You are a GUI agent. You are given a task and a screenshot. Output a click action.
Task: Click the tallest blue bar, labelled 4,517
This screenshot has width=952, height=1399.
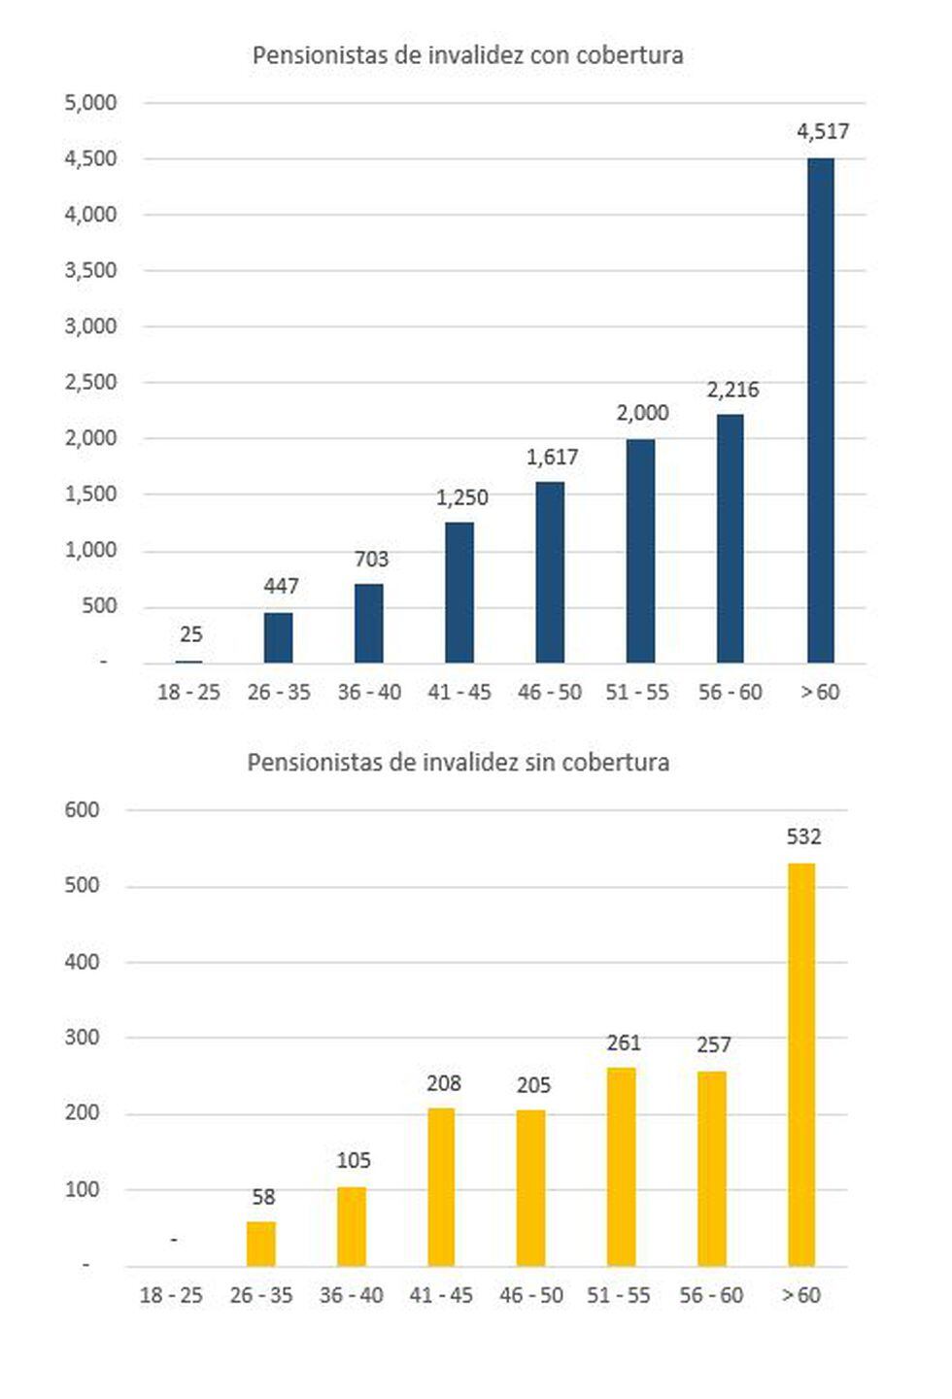point(821,410)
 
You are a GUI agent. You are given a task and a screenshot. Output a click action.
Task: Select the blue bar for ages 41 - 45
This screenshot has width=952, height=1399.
point(459,593)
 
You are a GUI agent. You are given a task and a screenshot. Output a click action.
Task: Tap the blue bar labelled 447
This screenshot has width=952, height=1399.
point(278,637)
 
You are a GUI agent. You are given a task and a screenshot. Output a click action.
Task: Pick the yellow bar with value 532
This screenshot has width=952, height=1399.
point(801,1065)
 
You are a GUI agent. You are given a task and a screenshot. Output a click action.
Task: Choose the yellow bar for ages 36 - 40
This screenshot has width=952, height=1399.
point(352,1226)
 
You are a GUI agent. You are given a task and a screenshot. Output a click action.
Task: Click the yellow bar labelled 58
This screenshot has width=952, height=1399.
point(261,1244)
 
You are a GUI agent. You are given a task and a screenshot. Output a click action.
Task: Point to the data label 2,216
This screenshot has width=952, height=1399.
point(732,391)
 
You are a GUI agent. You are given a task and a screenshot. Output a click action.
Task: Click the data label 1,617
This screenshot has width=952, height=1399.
point(552,458)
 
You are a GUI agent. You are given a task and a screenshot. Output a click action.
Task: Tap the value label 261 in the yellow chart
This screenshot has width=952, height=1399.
point(624,1043)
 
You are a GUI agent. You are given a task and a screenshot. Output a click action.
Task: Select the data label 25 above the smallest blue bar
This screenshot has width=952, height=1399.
point(191,635)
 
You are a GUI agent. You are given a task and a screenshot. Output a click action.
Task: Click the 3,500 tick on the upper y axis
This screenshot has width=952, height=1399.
point(90,270)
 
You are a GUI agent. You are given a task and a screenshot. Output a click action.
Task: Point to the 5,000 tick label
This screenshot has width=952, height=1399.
point(90,103)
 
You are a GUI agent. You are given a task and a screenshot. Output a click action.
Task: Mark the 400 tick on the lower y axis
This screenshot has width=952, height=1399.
point(83,962)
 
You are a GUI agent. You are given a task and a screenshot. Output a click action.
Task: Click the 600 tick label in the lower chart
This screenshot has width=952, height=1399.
point(83,810)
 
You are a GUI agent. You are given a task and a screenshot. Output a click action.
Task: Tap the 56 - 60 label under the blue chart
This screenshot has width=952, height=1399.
point(731,693)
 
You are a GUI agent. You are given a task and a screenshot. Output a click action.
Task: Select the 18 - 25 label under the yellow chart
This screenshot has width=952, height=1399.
point(171,1295)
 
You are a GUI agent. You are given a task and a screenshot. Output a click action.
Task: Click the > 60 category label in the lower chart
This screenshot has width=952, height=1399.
point(801,1295)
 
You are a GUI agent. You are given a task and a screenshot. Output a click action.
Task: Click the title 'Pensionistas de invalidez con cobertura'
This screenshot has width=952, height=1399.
point(467,55)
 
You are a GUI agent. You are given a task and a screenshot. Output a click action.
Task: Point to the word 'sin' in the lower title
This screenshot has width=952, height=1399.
point(543,763)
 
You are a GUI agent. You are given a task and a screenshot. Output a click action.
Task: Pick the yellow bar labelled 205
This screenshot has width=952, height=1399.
point(530,1187)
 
